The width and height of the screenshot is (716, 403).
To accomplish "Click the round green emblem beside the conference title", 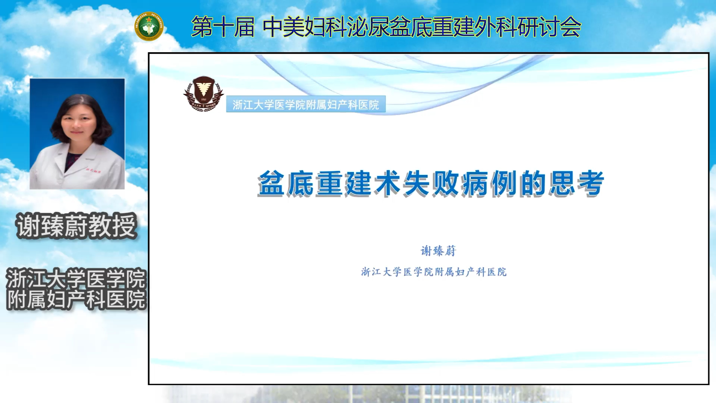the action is coord(149,26).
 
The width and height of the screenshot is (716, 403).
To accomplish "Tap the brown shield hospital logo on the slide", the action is coord(204,94).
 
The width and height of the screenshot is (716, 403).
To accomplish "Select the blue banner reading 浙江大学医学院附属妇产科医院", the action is coord(306,104).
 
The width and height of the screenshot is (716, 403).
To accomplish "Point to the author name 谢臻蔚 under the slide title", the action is coord(438,251).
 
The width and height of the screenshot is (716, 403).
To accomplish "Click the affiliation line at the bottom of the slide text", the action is coord(434,272).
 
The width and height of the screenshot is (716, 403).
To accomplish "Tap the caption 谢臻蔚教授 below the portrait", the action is coord(76,226).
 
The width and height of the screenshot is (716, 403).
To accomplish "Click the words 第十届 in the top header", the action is coord(223,27).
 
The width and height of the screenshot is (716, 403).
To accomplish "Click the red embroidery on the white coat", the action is coord(93,170).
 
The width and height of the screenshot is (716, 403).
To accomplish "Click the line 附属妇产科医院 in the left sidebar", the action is coord(76,300).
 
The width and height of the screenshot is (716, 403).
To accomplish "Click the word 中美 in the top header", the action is coord(283,27).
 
